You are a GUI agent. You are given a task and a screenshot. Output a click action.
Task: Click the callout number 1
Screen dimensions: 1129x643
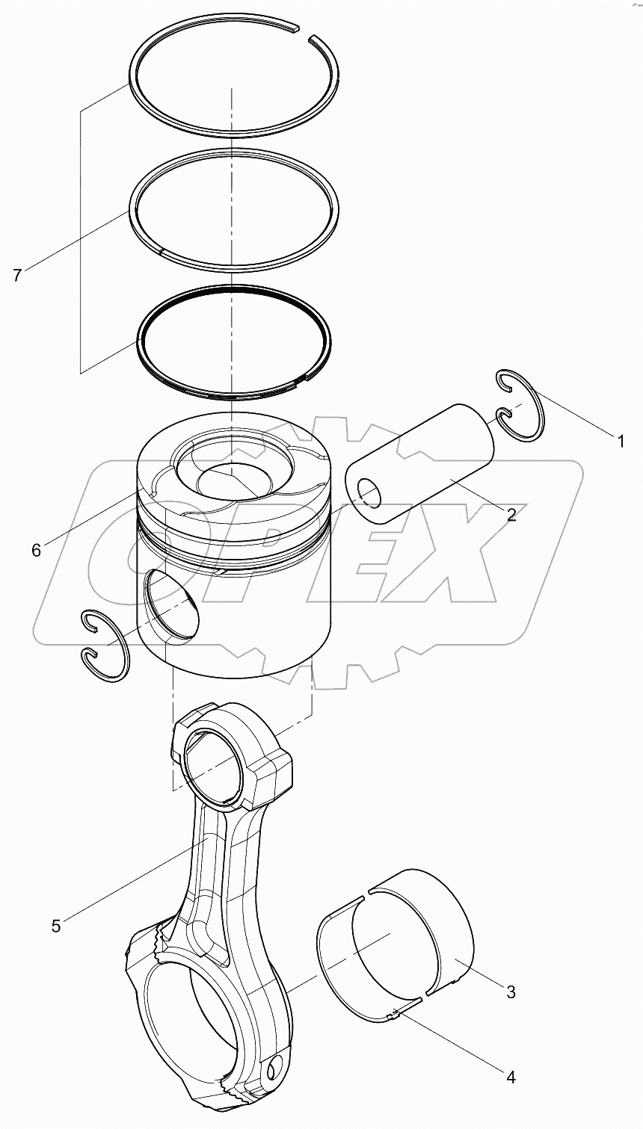point(620,442)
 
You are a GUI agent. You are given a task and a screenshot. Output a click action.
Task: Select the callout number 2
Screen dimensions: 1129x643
point(511,514)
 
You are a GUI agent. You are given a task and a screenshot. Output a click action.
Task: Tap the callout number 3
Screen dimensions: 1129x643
point(511,992)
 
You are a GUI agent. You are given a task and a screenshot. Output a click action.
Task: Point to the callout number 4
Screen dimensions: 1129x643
point(511,1077)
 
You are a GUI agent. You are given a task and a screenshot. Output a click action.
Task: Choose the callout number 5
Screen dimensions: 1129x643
point(56,925)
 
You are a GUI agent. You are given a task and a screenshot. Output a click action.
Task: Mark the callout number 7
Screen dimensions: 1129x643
point(17,275)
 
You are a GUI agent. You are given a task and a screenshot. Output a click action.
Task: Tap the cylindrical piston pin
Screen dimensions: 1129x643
point(422,464)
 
